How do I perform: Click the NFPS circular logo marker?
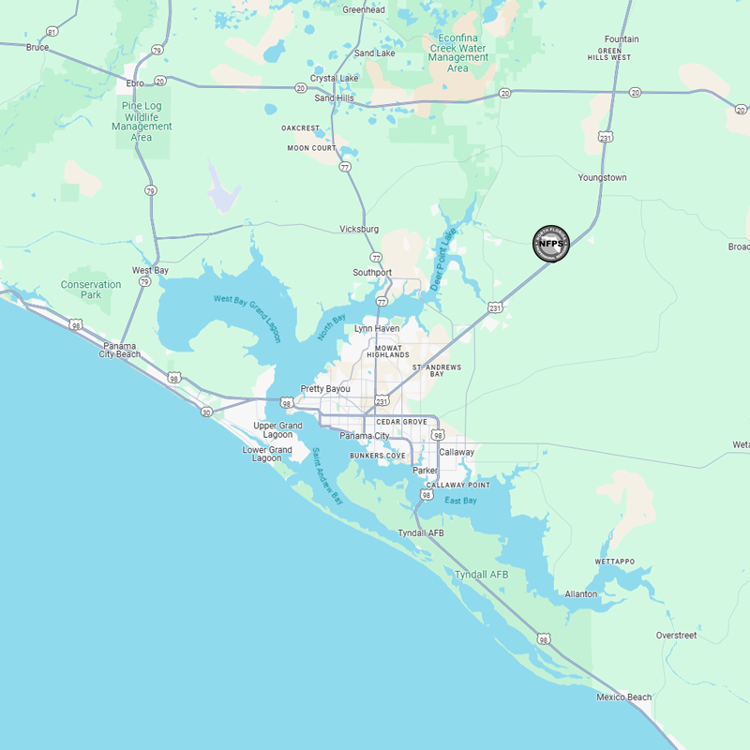click(551, 244)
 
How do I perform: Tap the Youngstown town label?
click(602, 177)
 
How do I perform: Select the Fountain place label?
click(622, 39)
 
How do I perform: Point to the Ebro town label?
click(134, 83)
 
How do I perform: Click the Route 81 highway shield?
click(52, 32)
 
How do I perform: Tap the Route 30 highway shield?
click(205, 412)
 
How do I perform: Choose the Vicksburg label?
click(359, 229)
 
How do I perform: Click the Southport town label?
click(372, 273)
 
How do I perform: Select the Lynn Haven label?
click(377, 329)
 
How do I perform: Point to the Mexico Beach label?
click(623, 697)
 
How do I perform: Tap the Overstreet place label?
click(676, 636)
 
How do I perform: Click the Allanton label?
click(580, 594)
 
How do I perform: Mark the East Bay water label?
click(460, 501)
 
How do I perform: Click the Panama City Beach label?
click(120, 350)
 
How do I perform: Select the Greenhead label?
click(364, 9)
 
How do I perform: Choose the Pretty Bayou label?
click(325, 389)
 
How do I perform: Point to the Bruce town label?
click(37, 47)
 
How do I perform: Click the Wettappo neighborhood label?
click(614, 562)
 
